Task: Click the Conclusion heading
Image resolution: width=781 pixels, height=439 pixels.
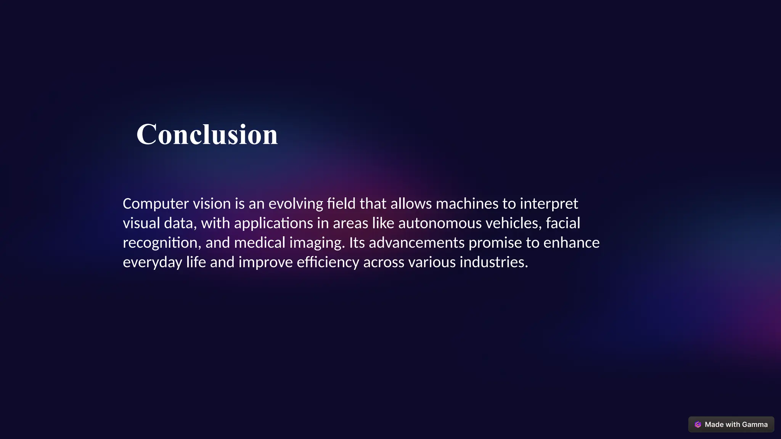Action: [207, 135]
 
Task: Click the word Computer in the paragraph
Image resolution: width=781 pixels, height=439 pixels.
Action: [156, 204]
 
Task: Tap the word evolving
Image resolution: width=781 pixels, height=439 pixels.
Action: [296, 204]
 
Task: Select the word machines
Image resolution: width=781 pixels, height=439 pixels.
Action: [467, 204]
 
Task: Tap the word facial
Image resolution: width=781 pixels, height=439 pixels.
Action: [563, 223]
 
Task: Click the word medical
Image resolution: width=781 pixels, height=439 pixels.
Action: [260, 243]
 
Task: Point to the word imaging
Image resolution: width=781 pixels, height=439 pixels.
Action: [317, 243]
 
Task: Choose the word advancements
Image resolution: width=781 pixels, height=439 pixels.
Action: [416, 243]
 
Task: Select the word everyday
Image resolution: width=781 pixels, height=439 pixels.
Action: [153, 263]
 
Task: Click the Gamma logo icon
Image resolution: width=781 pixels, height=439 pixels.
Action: [698, 425]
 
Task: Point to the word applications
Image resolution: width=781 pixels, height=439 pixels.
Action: [273, 223]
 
